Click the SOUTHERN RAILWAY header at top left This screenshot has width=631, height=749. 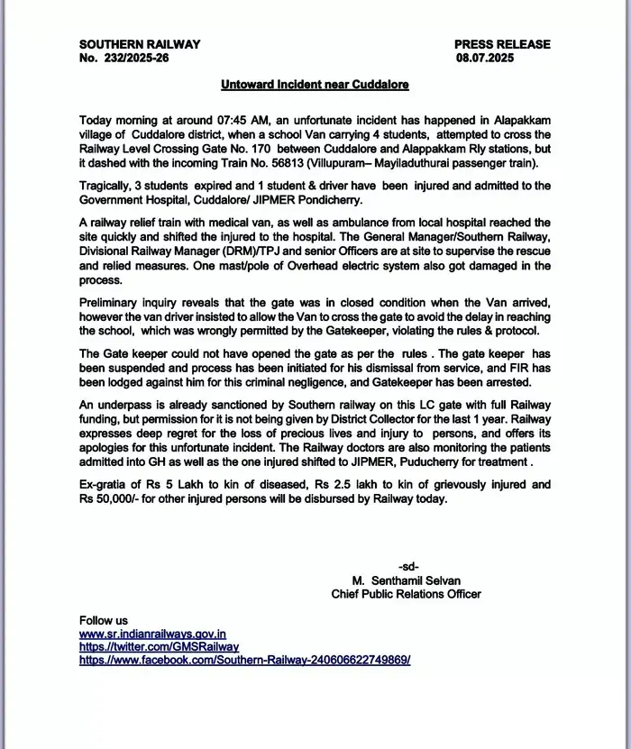coord(140,44)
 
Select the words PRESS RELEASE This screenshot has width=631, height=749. coord(502,44)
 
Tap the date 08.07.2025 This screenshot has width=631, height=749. coord(488,58)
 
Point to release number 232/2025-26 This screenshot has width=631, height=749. coord(134,58)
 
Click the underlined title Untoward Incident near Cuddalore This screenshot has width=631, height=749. coord(315,85)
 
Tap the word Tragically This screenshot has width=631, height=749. coord(107,186)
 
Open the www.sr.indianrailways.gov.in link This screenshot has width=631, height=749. coord(152,634)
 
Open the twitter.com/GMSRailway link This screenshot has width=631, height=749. coord(159,646)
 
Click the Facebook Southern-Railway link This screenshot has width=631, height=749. coord(244,660)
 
